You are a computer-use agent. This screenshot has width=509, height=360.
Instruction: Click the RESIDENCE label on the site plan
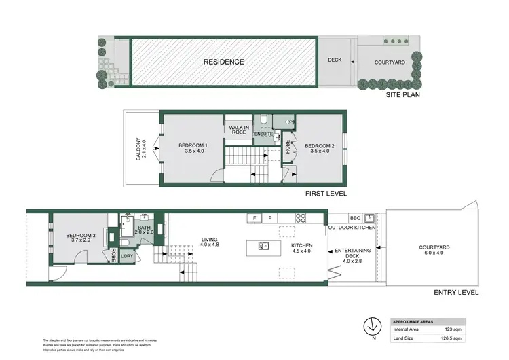tap(224, 62)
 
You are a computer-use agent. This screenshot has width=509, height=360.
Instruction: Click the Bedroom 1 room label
tap(192, 149)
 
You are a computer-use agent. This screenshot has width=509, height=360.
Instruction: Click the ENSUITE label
tap(263, 134)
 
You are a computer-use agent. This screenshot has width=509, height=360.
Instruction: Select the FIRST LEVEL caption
tap(326, 194)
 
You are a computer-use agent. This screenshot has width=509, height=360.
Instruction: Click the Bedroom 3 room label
tap(80, 238)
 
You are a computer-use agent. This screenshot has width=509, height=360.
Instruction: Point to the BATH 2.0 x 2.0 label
tap(144, 230)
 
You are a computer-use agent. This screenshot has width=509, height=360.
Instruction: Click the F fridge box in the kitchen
tap(255, 218)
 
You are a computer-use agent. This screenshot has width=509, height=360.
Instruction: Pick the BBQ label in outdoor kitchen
tap(354, 218)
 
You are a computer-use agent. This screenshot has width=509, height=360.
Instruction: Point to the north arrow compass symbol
tap(371, 325)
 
